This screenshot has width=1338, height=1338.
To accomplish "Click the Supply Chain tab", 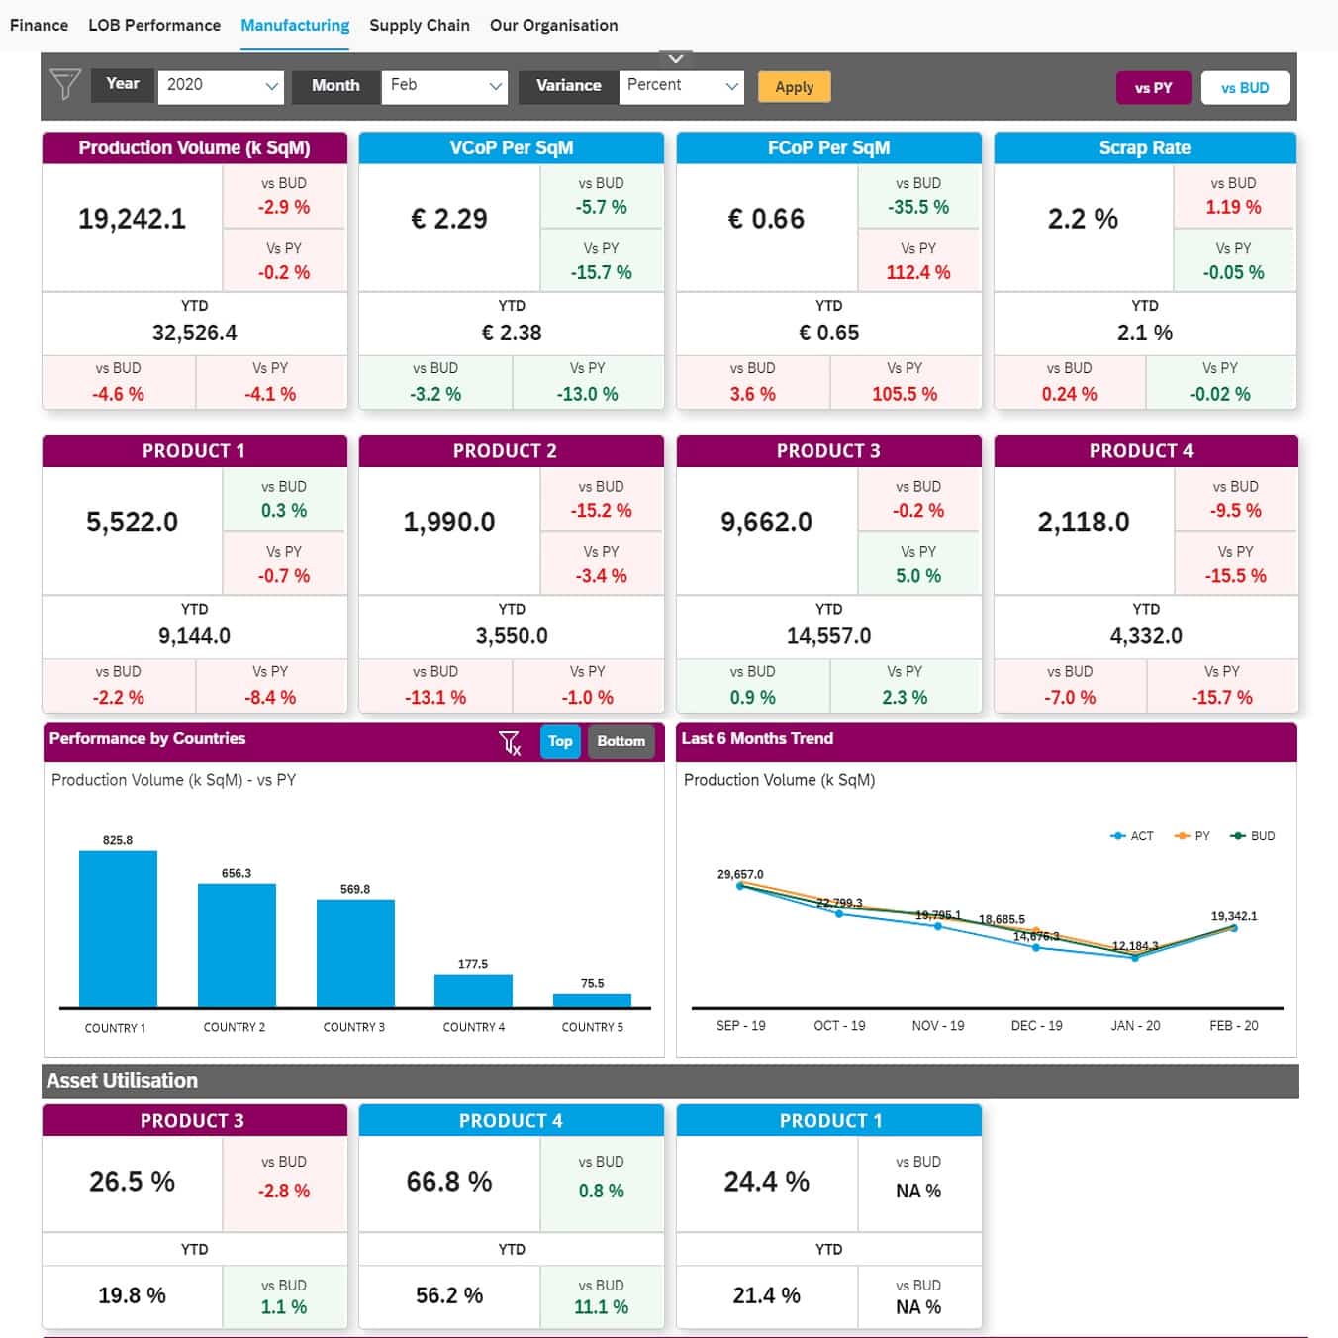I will click(419, 25).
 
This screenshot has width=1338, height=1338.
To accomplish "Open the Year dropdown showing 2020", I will click(221, 86).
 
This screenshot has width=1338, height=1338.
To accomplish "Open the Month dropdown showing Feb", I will click(445, 86).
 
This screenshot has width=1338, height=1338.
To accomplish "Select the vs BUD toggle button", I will click(1244, 88).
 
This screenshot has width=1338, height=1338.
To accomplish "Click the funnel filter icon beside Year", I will click(65, 85).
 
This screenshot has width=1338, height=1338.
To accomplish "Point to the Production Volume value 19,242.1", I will click(132, 219).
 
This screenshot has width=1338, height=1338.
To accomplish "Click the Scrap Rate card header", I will click(1144, 147).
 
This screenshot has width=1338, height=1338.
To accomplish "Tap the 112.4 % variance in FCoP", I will click(917, 272).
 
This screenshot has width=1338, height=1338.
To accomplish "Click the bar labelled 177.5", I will click(473, 991).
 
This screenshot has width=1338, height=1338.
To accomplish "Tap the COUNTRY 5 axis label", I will click(592, 1027).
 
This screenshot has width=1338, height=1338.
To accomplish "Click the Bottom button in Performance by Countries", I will click(621, 741).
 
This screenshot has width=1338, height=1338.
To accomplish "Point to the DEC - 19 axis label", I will click(1036, 1026).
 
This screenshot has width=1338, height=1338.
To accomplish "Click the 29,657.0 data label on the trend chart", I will click(740, 874).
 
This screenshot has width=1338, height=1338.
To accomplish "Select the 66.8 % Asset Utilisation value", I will click(448, 1182).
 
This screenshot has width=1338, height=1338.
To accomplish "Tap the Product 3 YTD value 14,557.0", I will click(828, 636).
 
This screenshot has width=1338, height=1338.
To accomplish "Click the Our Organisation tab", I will click(553, 25).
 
